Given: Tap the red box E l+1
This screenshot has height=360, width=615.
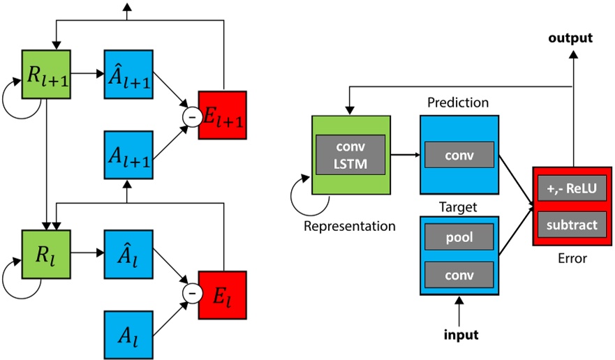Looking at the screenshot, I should (x=223, y=114).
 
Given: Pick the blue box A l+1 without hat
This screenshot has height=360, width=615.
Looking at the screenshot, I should (x=127, y=154).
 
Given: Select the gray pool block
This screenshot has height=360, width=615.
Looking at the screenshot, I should (x=459, y=237).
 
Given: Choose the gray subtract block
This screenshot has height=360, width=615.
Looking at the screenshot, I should (x=570, y=225).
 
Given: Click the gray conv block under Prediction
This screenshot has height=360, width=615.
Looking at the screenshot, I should (x=459, y=155).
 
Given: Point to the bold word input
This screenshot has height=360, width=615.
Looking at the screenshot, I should (x=461, y=335).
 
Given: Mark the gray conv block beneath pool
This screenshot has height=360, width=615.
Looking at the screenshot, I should (x=459, y=272).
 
